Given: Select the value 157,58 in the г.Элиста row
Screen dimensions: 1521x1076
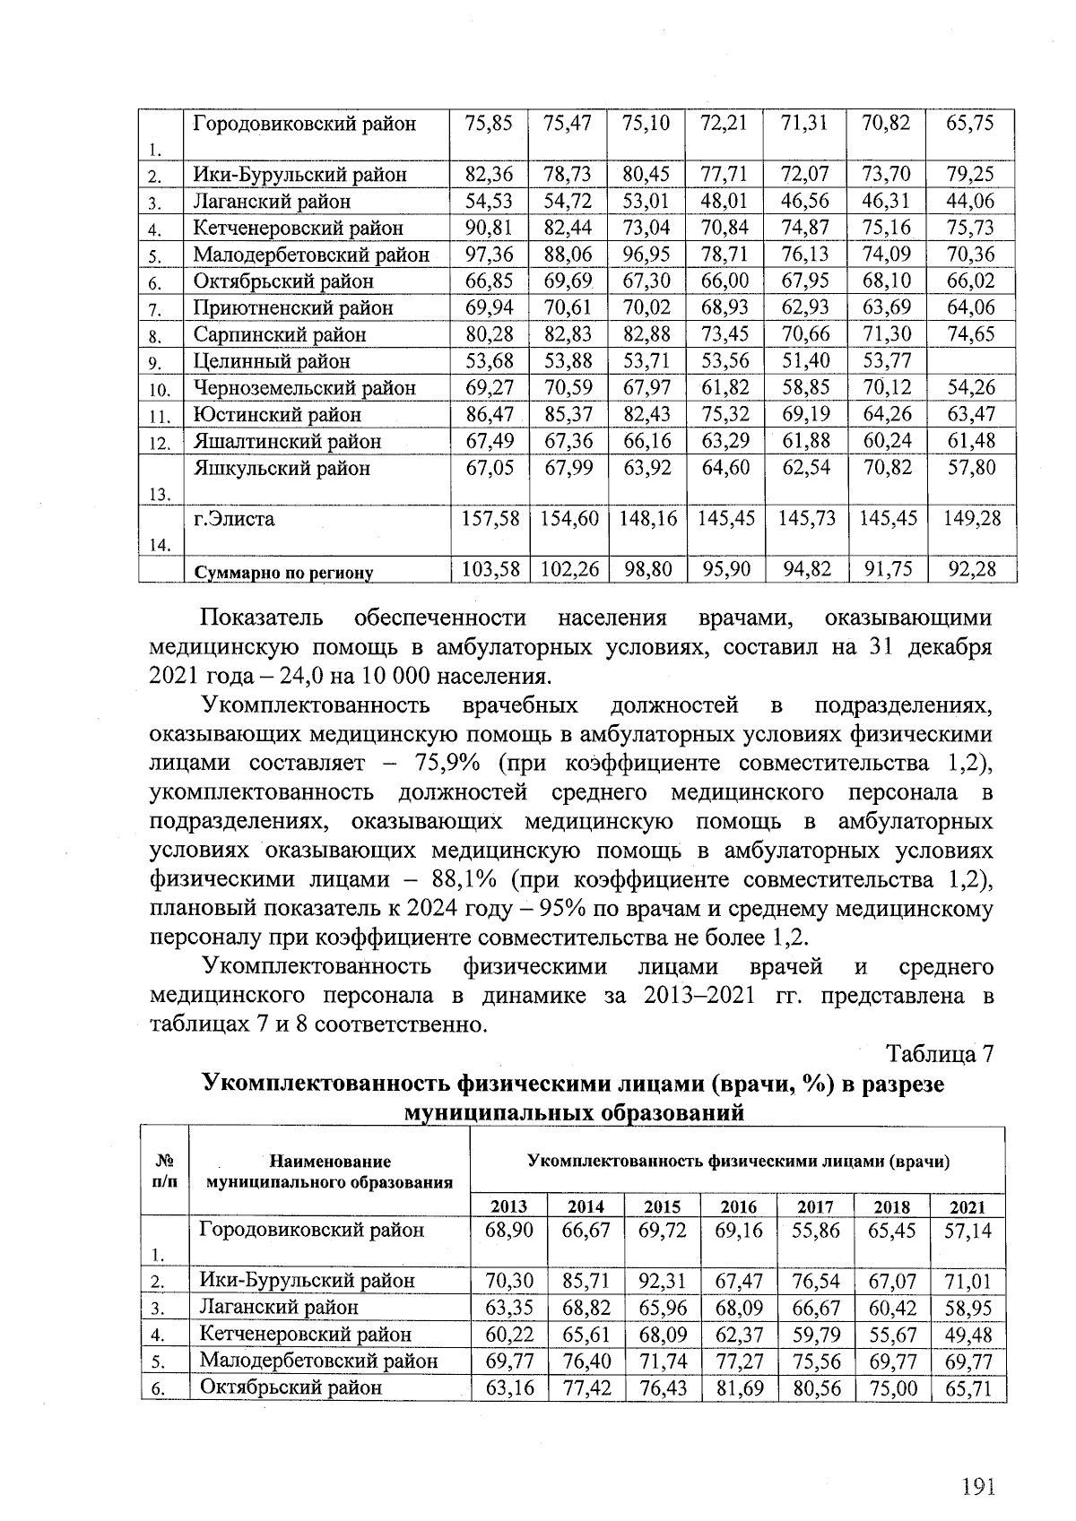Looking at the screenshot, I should click(490, 519).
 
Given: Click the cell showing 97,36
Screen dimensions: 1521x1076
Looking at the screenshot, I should click(490, 255).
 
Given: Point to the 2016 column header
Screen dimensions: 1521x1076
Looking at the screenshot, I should click(739, 1206).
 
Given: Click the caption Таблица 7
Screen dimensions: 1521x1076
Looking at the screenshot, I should click(940, 1054).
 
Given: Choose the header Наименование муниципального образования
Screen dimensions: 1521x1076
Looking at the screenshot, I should click(330, 1171).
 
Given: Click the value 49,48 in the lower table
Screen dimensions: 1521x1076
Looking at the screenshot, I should click(968, 1335).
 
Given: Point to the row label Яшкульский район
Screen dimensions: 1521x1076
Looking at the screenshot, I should click(282, 468).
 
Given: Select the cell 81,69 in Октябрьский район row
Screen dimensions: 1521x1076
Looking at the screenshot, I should click(739, 1388).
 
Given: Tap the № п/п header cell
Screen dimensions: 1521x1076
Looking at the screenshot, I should click(164, 1171).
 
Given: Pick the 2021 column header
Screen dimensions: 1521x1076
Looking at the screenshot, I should click(968, 1206).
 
